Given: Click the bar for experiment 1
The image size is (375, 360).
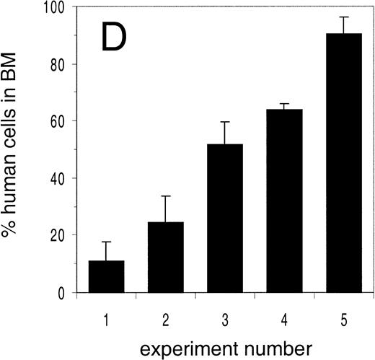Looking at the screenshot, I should (x=106, y=277).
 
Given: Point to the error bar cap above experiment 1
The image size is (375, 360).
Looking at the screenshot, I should (x=106, y=242).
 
